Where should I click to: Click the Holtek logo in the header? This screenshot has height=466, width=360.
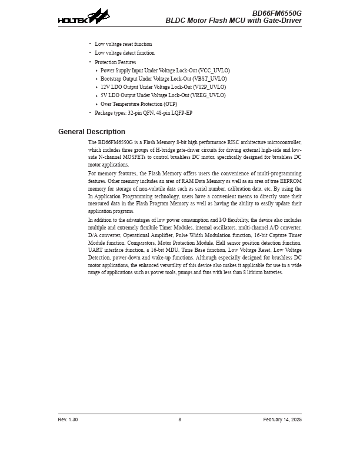(84, 17)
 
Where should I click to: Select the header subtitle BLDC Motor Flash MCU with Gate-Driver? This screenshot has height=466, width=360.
(234, 21)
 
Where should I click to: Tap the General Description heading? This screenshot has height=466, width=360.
(92, 132)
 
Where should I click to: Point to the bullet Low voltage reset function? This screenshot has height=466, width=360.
(124, 44)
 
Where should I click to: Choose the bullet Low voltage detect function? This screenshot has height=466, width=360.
(125, 53)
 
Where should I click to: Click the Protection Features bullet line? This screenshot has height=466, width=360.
(115, 62)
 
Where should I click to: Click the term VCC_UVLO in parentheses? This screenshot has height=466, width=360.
(214, 71)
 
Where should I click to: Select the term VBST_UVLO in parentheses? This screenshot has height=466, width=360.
(210, 79)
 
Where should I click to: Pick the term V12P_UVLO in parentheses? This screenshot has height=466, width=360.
(209, 87)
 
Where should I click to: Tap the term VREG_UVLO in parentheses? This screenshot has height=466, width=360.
(208, 95)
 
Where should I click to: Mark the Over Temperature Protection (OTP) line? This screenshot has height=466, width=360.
(139, 104)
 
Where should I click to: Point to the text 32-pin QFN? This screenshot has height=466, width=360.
(138, 112)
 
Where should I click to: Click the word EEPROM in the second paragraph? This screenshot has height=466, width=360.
(291, 181)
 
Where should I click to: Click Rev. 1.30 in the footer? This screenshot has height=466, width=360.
(68, 420)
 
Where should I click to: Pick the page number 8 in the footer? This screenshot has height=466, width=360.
(180, 420)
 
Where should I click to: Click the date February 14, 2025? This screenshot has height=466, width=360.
(282, 420)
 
